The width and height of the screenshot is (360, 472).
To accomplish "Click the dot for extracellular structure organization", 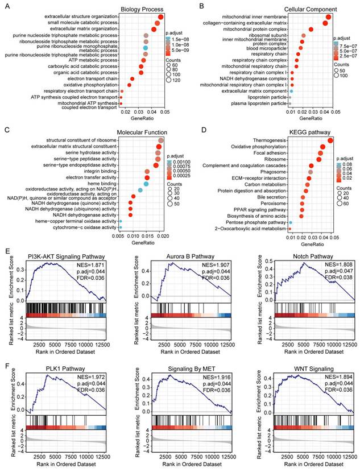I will click(161, 17).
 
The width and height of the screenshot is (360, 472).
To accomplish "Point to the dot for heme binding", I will click(146, 184).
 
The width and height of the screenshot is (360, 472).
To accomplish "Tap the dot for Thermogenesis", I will click(330, 140).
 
